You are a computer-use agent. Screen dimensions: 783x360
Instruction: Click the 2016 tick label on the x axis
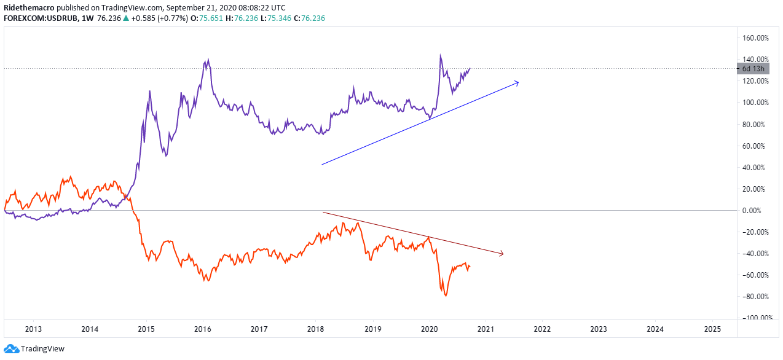[x=203, y=329]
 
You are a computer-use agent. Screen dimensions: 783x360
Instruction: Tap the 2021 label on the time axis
[x=486, y=329]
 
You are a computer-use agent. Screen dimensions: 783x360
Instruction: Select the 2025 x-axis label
[x=712, y=329]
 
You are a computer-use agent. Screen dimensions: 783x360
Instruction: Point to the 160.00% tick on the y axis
[x=755, y=37]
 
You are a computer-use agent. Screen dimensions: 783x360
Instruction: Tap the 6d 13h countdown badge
[x=753, y=69]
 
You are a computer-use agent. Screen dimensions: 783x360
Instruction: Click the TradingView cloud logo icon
[x=11, y=348]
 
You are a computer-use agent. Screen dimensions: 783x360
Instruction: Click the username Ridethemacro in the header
[x=29, y=8]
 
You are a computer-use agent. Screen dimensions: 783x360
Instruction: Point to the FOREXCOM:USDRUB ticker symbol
[x=41, y=18]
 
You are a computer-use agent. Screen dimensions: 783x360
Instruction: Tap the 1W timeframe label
[x=87, y=18]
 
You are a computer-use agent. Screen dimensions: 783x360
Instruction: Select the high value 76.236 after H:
[x=246, y=18]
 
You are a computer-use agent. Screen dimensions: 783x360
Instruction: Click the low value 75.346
[x=279, y=18]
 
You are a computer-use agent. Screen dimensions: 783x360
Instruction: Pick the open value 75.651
[x=211, y=18]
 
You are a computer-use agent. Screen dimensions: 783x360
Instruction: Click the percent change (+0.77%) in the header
[x=173, y=18]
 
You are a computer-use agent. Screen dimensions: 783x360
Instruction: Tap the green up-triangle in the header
[x=126, y=18]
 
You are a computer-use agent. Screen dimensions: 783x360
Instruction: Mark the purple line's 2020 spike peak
[x=440, y=55]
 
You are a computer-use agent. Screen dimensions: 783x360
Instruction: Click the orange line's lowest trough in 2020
[x=446, y=296]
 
